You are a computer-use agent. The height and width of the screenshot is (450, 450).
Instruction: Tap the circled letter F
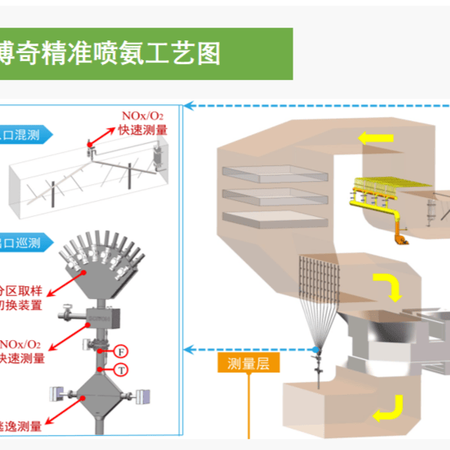pyautogui.click(x=122, y=350)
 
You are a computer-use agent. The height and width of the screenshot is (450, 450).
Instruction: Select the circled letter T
pyautogui.click(x=122, y=369)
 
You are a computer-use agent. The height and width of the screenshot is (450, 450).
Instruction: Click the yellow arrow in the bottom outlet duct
pyautogui.click(x=386, y=408)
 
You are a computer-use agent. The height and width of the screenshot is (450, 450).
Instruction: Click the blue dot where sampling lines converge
pyautogui.click(x=317, y=349)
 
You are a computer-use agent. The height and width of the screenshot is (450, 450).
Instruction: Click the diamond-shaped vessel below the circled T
pyautogui.click(x=98, y=399)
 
